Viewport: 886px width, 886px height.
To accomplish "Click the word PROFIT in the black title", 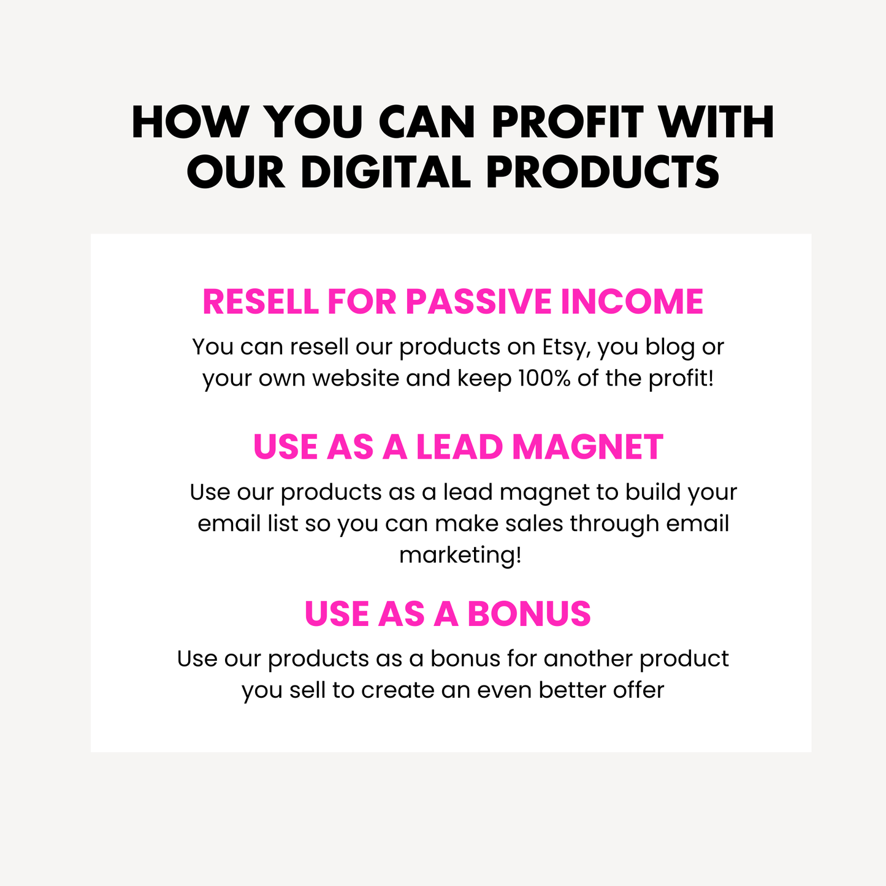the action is tap(567, 122).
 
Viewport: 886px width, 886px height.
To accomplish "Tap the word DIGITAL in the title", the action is tap(386, 172).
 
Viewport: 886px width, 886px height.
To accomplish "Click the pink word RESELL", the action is tap(261, 302).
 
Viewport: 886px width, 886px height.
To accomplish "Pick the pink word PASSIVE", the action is tap(479, 302).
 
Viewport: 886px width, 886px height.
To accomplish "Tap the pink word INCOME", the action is tap(632, 302).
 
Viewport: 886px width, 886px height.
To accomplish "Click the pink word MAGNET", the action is tap(587, 447).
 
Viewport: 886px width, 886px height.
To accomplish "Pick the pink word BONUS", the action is tap(529, 614).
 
